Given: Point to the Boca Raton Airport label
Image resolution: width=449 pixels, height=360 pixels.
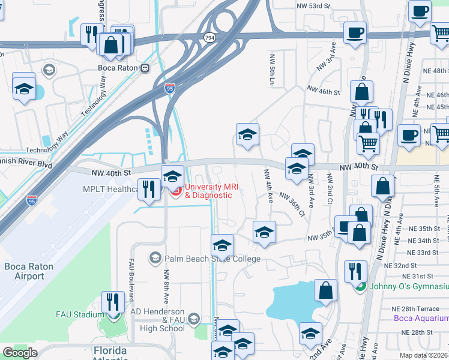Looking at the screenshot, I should (x=29, y=271).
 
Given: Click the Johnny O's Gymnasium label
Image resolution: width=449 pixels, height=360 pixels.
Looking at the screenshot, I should (x=408, y=286).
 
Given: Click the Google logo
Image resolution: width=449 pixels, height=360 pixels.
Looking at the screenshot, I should (x=20, y=353).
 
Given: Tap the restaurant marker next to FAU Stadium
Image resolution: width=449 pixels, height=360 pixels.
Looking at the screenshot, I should (x=112, y=301).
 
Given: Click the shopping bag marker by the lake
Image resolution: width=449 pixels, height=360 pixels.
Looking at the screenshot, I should (x=325, y=290).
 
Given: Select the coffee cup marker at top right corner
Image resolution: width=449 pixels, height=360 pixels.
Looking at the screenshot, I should (x=420, y=10).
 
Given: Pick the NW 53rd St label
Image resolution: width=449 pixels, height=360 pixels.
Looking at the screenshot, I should (x=314, y=5).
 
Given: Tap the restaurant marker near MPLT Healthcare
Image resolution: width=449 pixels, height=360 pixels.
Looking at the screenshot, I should (x=148, y=189).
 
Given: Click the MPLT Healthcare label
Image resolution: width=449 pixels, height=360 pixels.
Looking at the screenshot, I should (x=111, y=189).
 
